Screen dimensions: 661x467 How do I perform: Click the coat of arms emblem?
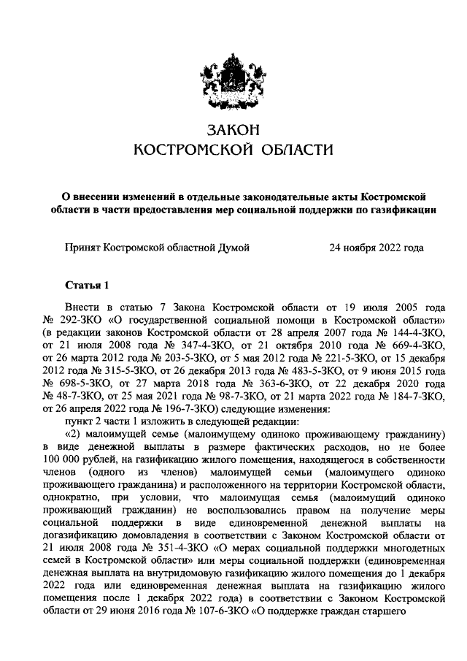(x=233, y=80)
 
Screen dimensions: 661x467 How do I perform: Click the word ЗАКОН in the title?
(x=233, y=130)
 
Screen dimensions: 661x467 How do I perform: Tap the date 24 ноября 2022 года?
(x=377, y=248)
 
